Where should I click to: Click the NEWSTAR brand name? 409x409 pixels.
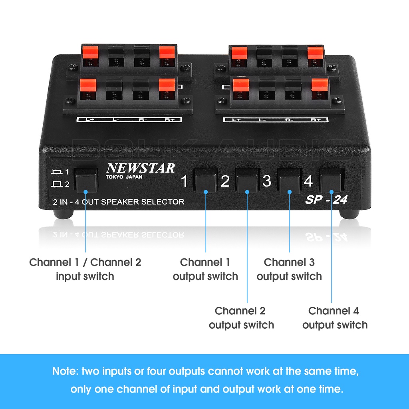(140, 168)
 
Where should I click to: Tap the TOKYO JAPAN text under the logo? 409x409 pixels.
(124, 177)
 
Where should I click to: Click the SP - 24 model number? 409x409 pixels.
(326, 200)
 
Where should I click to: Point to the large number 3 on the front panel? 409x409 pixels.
(266, 181)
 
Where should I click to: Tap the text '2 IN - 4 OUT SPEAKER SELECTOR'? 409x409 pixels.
(118, 202)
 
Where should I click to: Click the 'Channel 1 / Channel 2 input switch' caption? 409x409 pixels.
(85, 269)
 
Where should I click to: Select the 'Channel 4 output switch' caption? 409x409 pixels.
(335, 318)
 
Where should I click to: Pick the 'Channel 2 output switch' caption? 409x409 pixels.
(241, 318)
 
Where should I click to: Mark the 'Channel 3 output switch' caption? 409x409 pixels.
(289, 269)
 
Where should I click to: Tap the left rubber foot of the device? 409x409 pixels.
(64, 214)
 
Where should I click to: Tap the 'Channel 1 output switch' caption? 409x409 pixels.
(205, 269)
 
